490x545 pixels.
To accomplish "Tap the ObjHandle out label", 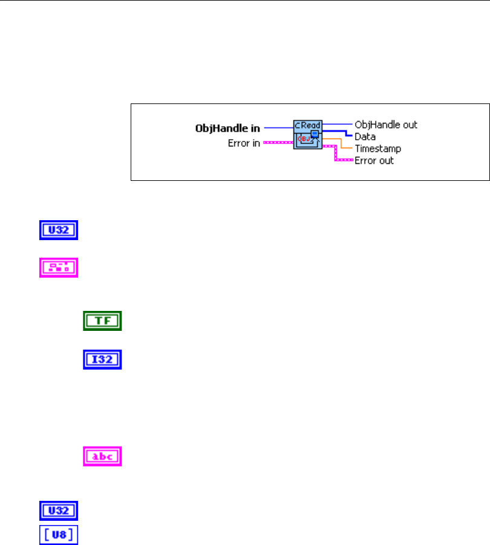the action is click(x=386, y=125).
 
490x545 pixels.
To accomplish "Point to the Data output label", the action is click(x=365, y=137).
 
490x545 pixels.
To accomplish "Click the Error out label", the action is click(x=374, y=160).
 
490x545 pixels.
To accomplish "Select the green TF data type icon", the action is click(x=102, y=321).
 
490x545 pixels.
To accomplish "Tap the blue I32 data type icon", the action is click(x=102, y=361).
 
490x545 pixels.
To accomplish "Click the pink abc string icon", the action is click(x=102, y=456).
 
